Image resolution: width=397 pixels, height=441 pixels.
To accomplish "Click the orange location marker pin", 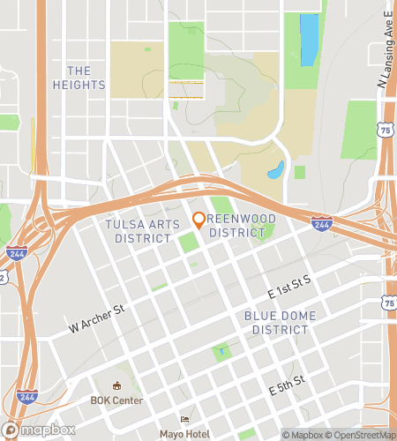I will pyautogui.click(x=199, y=220).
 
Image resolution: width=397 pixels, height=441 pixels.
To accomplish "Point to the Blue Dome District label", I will pyautogui.click(x=280, y=323).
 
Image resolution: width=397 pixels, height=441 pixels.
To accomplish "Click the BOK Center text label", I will pyautogui.click(x=116, y=400).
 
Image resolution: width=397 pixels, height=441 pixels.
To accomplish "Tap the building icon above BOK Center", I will pyautogui.click(x=116, y=385).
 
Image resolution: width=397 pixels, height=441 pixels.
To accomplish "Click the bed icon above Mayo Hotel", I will pyautogui.click(x=184, y=419).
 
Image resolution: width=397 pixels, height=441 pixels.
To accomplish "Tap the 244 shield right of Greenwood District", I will pyautogui.click(x=321, y=226).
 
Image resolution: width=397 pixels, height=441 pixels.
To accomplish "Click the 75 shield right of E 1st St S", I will pyautogui.click(x=390, y=303).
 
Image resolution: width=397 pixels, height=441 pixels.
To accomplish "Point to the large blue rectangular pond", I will pyautogui.click(x=309, y=40).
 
